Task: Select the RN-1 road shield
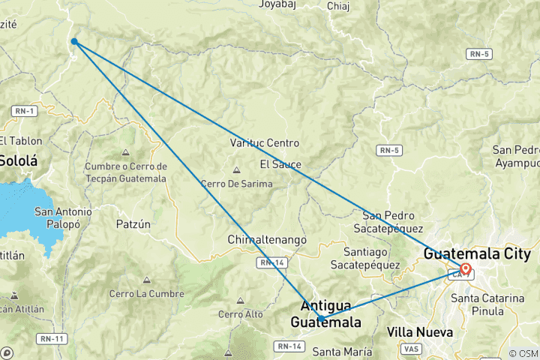(25, 111)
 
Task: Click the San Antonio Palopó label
(63, 218)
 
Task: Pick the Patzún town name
(133, 223)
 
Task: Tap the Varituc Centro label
(264, 142)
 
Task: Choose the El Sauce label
(280, 163)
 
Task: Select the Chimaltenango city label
(268, 239)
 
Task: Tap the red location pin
(466, 269)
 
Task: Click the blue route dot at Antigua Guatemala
(321, 319)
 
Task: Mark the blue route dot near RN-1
(74, 41)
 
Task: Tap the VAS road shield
(410, 349)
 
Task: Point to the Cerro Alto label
(241, 313)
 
